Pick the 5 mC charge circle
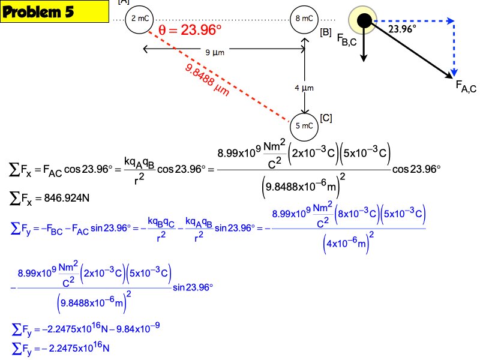coord(305,125)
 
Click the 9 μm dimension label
coord(215,53)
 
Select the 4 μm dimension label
coord(304,88)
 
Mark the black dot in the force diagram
coord(364,22)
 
